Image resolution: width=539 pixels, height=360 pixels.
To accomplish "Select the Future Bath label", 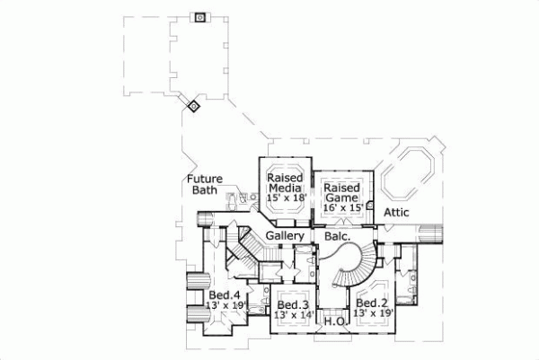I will [x=205, y=184].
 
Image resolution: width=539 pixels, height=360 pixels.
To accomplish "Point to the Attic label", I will [x=396, y=212].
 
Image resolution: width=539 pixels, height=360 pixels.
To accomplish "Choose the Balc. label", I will [x=325, y=235].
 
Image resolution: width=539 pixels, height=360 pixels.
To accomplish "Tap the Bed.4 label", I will [x=224, y=294].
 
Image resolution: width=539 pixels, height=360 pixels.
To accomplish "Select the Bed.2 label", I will [x=371, y=303].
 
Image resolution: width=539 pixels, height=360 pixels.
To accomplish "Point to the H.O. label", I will [x=334, y=321].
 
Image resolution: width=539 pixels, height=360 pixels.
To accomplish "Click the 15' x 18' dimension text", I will [x=287, y=198].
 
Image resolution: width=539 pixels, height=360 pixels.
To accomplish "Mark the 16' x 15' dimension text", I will [x=342, y=207].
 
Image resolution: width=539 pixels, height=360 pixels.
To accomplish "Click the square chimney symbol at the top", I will [x=199, y=16].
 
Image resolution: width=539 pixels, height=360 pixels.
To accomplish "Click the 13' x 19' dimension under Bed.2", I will [x=372, y=314].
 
